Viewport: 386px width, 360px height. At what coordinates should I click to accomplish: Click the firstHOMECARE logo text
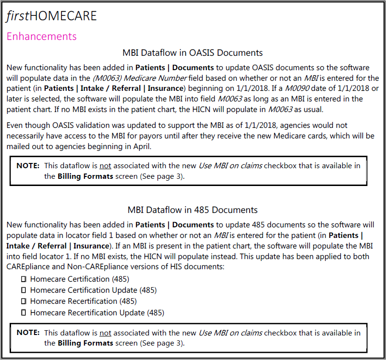(x=51, y=16)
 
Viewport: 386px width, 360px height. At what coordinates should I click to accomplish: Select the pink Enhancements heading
(x=41, y=36)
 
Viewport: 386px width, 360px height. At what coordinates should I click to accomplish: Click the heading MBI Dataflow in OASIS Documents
(x=193, y=52)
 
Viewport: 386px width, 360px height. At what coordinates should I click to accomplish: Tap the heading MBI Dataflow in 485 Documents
(x=193, y=210)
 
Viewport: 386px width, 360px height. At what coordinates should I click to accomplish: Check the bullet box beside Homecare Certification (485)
(x=23, y=279)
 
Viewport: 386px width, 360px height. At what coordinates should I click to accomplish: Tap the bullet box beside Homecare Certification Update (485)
(x=23, y=290)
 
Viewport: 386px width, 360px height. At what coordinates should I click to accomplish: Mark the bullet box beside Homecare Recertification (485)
(x=23, y=301)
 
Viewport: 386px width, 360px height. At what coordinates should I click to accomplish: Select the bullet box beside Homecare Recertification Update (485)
(x=23, y=313)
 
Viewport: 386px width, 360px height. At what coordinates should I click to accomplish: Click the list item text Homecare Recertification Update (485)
(x=97, y=313)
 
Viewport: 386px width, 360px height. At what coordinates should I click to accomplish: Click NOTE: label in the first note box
(x=28, y=165)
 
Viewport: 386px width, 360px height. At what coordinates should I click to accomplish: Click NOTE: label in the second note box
(x=28, y=333)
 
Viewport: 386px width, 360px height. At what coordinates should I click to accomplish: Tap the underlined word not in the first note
(x=105, y=165)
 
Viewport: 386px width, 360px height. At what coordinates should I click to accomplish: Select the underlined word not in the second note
(x=105, y=333)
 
